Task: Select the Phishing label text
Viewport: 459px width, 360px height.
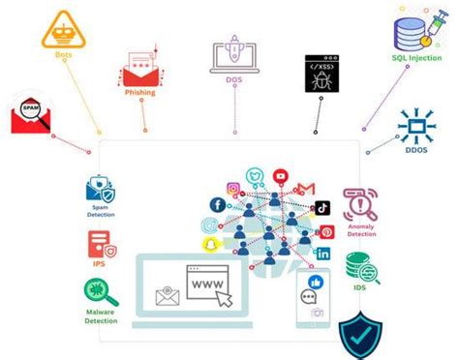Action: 141,93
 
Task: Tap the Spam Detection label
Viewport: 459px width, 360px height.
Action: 101,213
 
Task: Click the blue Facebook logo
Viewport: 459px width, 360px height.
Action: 217,205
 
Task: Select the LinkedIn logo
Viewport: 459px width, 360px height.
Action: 322,253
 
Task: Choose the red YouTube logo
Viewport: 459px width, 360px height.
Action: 281,176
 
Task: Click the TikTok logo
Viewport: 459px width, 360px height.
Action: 321,207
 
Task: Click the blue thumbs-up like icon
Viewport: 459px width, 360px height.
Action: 313,280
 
